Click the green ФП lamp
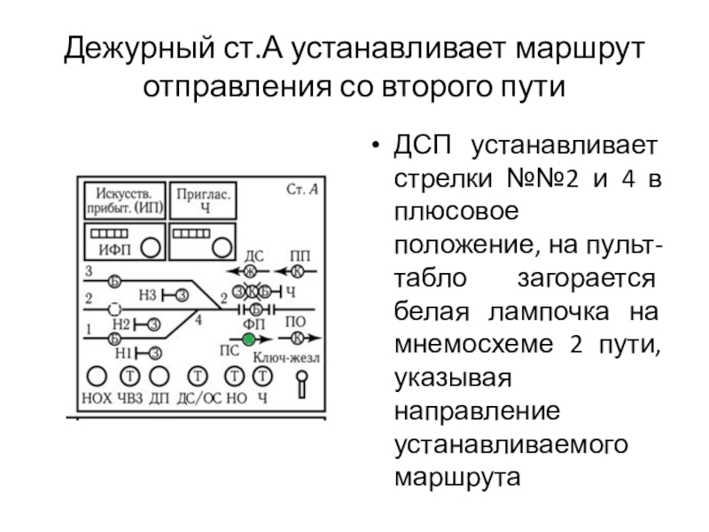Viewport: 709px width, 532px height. pos(249,340)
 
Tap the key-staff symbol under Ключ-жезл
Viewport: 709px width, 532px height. pos(303,383)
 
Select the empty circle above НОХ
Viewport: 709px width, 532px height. pos(97,376)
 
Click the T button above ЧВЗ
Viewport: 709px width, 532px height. pos(129,376)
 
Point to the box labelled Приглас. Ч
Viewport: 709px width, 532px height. pos(205,200)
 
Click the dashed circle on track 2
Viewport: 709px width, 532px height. pos(114,309)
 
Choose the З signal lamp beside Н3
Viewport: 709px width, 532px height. pos(182,294)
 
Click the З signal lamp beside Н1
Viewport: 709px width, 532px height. pos(155,352)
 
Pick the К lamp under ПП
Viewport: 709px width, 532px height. pos(298,270)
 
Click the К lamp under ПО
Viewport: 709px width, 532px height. pos(298,338)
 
